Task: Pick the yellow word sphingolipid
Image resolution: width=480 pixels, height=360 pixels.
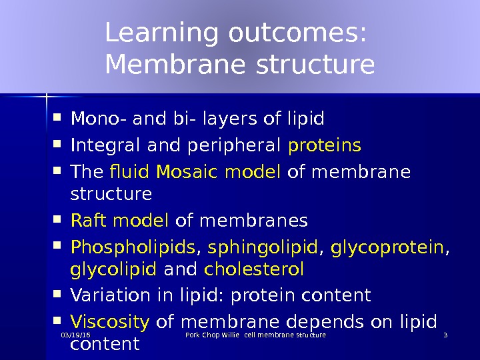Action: (x=262, y=247)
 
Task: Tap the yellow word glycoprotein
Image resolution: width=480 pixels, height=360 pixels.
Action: (x=387, y=247)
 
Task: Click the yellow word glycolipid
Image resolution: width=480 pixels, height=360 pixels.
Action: (x=113, y=269)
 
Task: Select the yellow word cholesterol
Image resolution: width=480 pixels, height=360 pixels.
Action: (x=254, y=269)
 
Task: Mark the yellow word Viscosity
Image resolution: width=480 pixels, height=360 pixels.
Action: (x=110, y=322)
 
